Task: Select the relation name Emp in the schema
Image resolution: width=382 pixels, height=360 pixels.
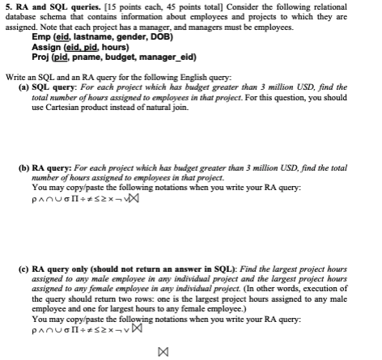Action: [40, 37]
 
